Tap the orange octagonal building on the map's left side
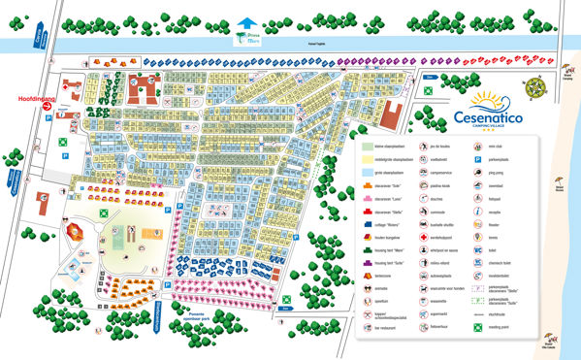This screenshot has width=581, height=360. [x=75, y=229]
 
